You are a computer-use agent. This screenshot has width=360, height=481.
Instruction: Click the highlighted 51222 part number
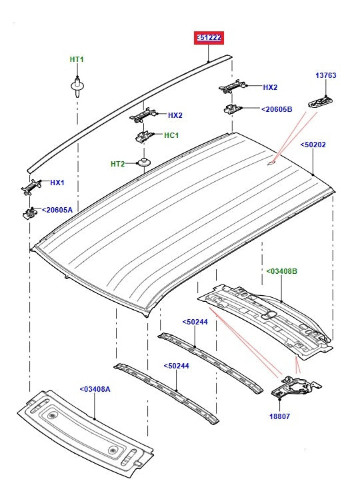click(x=209, y=39)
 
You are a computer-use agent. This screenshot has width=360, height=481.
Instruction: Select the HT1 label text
click(x=77, y=59)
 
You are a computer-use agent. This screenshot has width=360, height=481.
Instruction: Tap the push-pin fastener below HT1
click(x=78, y=86)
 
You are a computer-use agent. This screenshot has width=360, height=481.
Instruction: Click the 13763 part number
click(x=326, y=75)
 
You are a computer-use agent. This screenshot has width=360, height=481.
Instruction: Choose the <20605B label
click(x=276, y=109)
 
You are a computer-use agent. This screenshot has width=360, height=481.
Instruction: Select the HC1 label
click(x=171, y=135)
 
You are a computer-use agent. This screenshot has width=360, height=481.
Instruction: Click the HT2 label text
click(x=118, y=164)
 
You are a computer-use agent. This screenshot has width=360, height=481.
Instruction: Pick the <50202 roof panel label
click(x=313, y=145)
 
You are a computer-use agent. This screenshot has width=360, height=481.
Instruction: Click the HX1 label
click(x=58, y=183)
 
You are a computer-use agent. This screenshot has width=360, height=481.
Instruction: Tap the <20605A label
click(x=57, y=210)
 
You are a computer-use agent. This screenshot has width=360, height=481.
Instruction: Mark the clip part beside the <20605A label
click(x=29, y=213)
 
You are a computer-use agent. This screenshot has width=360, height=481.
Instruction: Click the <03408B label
click(x=282, y=271)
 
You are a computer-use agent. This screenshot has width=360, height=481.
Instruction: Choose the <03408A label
click(x=95, y=389)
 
